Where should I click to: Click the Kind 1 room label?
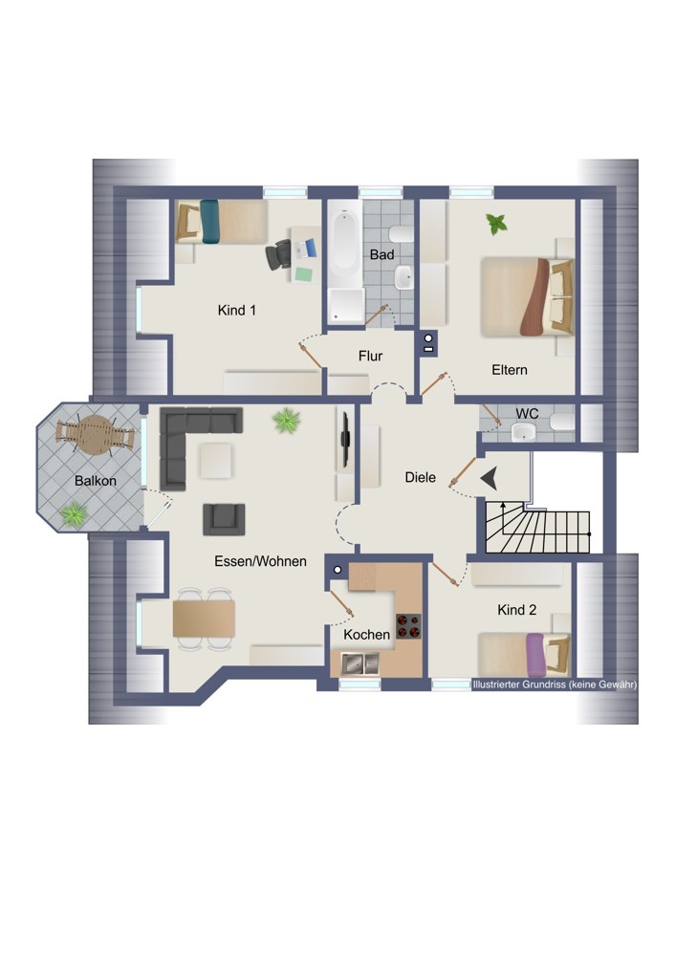click(236, 311)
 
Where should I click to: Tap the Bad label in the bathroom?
click(381, 255)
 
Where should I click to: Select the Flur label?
click(370, 356)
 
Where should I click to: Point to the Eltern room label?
click(510, 370)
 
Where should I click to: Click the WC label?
click(527, 414)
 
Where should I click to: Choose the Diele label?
click(420, 477)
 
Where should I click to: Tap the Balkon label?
click(95, 481)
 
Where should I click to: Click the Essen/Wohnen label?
click(260, 561)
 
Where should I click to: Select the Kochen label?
click(366, 635)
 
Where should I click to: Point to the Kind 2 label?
click(517, 610)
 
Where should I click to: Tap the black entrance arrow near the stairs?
click(490, 479)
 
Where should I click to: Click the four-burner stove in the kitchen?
click(408, 626)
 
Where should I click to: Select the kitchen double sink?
click(359, 663)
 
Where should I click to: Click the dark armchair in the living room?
click(224, 519)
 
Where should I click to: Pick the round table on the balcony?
click(95, 434)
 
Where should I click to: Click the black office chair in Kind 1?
click(278, 254)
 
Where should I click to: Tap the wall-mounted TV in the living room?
click(346, 438)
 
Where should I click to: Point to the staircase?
click(537, 528)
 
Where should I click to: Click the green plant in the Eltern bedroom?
click(497, 224)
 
